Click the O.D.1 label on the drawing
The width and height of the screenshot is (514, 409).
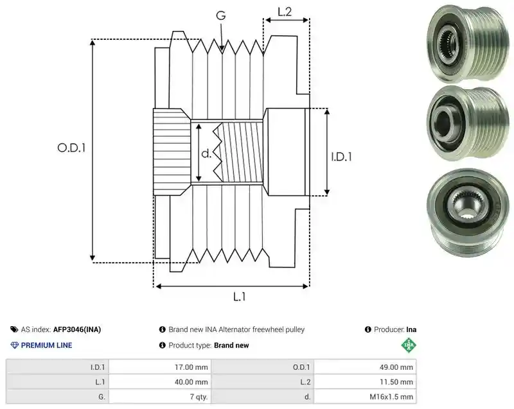coord(71,148)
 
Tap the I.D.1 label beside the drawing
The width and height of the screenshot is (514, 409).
coord(341,157)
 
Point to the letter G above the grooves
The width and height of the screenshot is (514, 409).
coord(221,15)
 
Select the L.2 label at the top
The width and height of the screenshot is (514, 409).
coord(285,12)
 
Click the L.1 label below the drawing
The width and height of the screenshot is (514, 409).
coord(239,297)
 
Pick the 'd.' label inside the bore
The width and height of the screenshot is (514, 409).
coord(206,153)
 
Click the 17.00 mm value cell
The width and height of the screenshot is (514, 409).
coord(160,367)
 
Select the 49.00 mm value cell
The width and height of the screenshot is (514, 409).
coord(365,367)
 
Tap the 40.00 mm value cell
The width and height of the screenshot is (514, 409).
coord(160,382)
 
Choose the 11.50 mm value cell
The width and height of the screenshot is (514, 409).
coord(365,382)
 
